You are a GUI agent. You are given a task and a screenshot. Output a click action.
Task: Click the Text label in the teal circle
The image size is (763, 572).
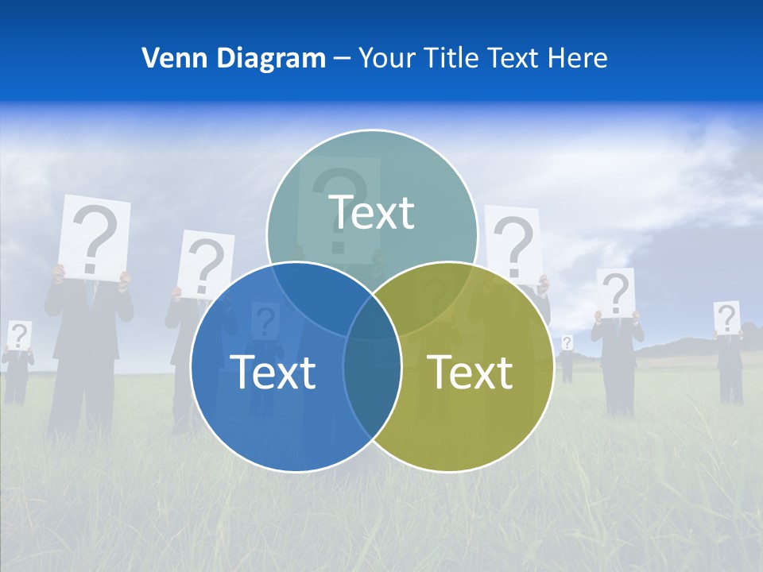(x=371, y=212)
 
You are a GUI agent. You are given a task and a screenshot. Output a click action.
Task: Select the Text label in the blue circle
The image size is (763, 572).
(x=272, y=372)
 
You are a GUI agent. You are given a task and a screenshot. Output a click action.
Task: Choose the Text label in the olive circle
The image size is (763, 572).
(x=470, y=372)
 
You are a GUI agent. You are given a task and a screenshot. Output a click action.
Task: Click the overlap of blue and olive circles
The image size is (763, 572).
(x=372, y=397)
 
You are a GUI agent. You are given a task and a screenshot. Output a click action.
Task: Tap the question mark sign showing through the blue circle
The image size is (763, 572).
(x=265, y=322)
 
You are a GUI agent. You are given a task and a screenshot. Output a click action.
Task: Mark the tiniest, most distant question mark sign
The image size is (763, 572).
(x=567, y=342)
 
